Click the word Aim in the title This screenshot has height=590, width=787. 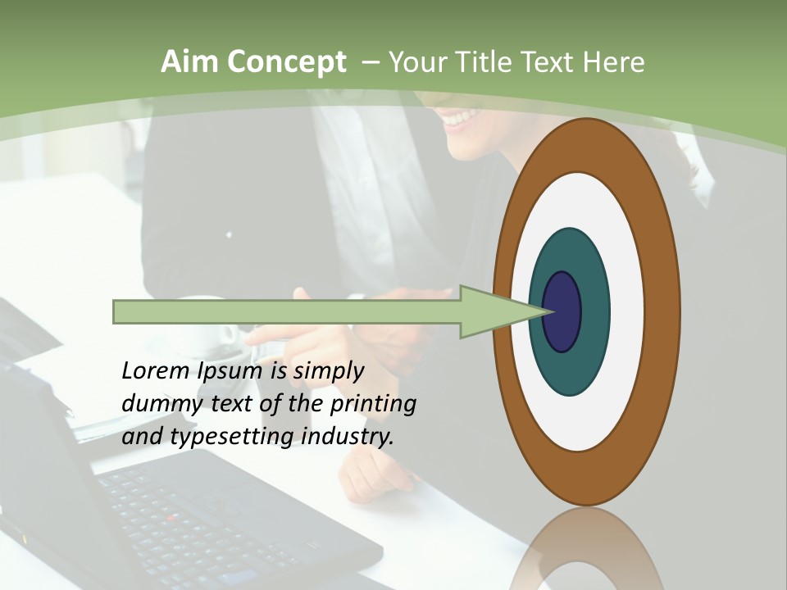pos(191,62)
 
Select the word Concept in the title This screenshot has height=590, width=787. pos(288,62)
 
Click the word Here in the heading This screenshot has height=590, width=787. pos(615,62)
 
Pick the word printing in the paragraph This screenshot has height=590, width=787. pos(373,404)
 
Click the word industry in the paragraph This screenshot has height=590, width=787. pos(348,437)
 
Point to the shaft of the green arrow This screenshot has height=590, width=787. pos(287,312)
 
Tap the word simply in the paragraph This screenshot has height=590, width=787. pos(328,371)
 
